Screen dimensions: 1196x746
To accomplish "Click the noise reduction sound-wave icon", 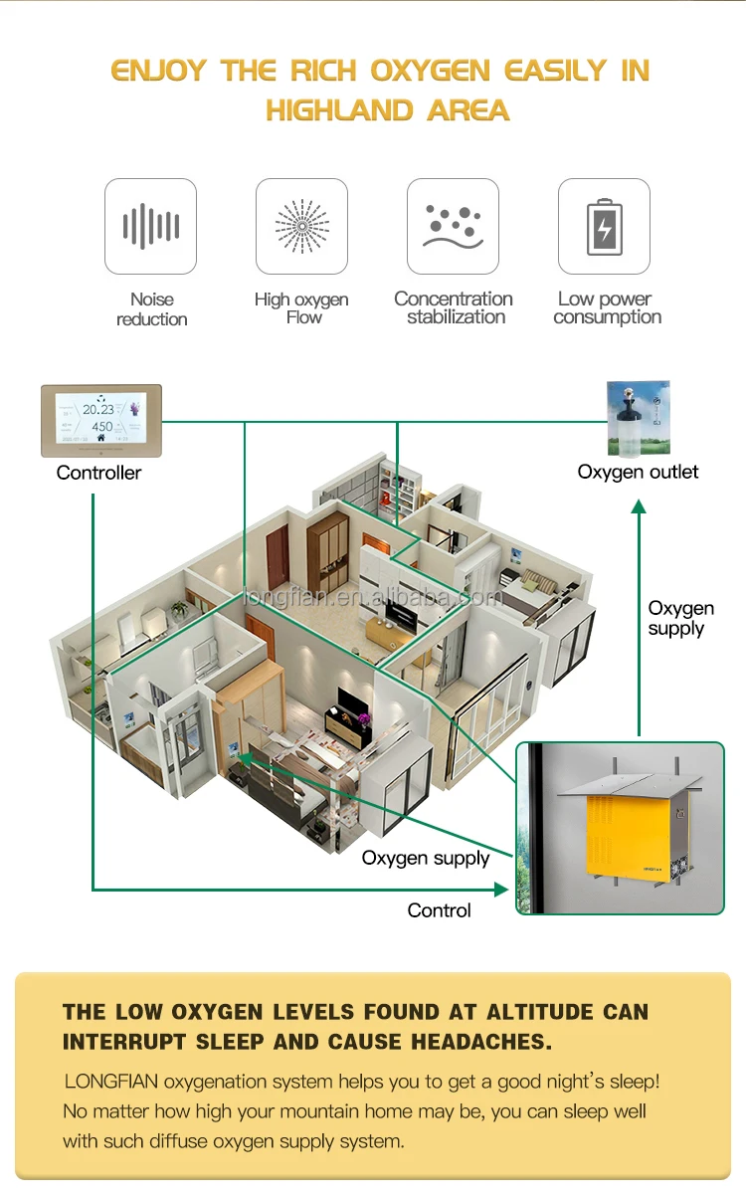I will pos(150,226).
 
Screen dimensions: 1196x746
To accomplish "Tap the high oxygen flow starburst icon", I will pos(301,226).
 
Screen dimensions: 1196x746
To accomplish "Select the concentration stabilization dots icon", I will pos(453,226).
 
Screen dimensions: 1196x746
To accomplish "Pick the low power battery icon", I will pos(604,226).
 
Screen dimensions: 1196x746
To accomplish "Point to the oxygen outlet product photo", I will pos(638,418).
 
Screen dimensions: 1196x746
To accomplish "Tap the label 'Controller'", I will pos(98,473).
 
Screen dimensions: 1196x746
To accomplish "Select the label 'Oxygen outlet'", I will pos(638,472).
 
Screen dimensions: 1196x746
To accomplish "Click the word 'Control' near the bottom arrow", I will pos(439,910).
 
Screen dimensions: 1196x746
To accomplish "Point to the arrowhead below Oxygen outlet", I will pos(639,507).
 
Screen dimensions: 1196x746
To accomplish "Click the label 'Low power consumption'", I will pos(607,307).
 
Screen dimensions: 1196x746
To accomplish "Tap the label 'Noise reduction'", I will pos(151,308).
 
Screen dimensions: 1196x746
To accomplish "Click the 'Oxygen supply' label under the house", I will pos(426,858).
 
